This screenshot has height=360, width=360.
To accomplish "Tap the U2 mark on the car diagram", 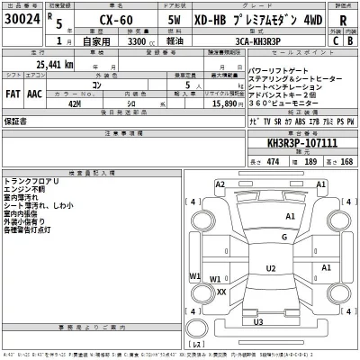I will coord(270,268).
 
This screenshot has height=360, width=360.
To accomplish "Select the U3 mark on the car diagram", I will coord(258,320).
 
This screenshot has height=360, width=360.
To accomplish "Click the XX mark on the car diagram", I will coord(221,292).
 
